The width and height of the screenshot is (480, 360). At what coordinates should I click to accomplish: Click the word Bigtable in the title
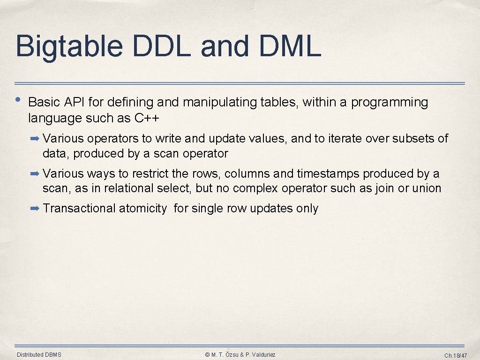[x=69, y=47]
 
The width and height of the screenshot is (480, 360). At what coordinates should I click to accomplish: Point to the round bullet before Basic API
[x=18, y=99]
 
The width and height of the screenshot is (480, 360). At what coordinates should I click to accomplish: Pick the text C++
[x=147, y=118]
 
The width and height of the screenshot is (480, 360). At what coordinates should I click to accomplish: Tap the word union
[x=427, y=188]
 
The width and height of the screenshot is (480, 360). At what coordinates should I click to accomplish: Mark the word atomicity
[x=142, y=209]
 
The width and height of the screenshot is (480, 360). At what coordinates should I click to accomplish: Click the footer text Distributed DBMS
[x=39, y=355]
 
